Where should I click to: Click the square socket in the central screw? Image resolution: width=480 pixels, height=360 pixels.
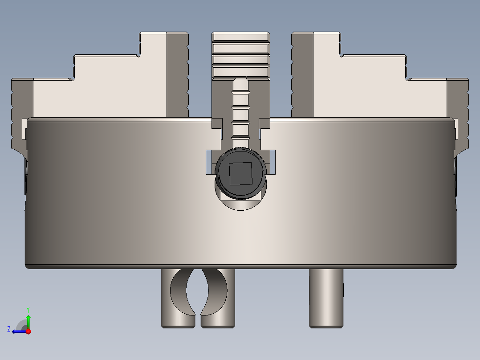coord(240,173)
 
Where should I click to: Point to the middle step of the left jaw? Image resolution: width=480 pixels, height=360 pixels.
coord(107,67)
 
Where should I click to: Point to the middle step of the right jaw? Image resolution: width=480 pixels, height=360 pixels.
coord(374,67)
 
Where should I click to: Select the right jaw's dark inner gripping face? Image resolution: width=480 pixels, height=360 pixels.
coord(302,76)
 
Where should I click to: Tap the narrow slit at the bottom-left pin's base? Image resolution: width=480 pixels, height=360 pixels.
coord(198,321)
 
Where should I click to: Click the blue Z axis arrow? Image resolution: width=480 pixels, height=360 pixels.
coord(18,331)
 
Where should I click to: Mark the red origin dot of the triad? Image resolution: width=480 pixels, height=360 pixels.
coord(28,331)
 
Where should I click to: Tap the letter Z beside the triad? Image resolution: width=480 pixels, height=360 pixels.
coord(9,329)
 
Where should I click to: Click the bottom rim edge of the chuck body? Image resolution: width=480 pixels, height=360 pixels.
coord(240,266)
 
